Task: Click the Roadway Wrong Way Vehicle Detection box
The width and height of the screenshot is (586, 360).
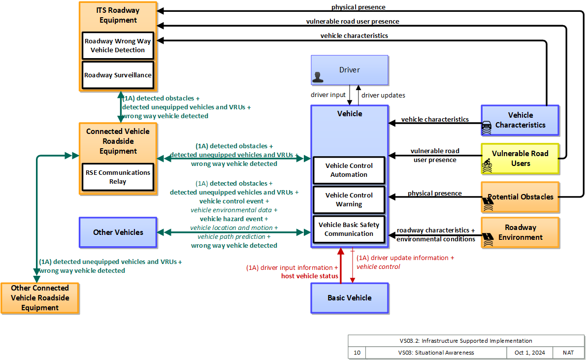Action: click(118, 46)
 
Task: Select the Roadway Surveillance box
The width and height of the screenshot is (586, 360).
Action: click(118, 75)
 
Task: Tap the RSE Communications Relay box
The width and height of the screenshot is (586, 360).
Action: click(118, 177)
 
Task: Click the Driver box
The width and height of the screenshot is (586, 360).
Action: click(350, 70)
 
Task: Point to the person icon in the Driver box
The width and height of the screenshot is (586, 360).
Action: click(318, 77)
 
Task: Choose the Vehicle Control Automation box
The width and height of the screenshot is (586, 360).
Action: click(349, 170)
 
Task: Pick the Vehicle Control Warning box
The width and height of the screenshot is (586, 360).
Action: click(349, 199)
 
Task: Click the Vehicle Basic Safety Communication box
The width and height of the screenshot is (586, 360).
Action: click(349, 229)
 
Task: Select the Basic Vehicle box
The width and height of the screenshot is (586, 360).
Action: click(350, 298)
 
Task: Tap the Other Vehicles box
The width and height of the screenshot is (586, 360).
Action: click(118, 232)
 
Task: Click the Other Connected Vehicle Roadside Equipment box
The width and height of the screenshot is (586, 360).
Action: click(40, 298)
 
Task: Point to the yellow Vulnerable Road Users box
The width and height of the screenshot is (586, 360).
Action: click(520, 159)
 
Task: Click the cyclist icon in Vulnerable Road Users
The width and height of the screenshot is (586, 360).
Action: click(487, 165)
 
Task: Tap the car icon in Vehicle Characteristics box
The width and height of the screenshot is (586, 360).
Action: click(487, 128)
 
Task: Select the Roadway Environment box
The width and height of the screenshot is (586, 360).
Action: click(520, 232)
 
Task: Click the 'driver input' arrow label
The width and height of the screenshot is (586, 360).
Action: click(328, 95)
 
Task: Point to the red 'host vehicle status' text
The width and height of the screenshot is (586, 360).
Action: click(310, 276)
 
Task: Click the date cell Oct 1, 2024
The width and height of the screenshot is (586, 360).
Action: click(529, 353)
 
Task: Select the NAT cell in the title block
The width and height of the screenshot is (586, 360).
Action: click(568, 353)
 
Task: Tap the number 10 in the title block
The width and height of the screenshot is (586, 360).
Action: click(357, 353)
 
